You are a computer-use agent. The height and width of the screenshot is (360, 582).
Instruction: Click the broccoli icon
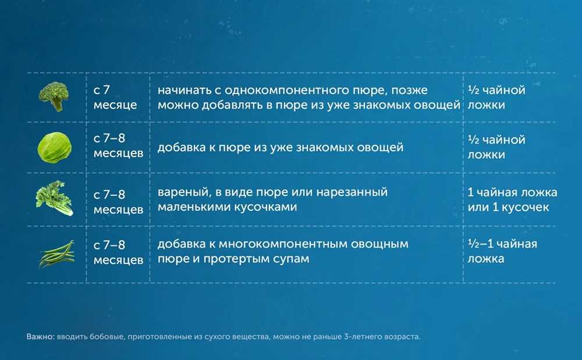54,97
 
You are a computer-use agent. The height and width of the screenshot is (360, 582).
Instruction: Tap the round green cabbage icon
54,148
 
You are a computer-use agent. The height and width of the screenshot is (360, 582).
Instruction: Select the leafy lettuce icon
54,198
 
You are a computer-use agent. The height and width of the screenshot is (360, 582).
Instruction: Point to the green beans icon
57,254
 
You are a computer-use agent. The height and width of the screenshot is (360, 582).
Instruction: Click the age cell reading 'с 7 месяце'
115,97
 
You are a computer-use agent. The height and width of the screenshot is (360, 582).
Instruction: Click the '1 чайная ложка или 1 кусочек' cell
512,199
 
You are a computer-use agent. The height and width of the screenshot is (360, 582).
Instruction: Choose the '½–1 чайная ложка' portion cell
502,251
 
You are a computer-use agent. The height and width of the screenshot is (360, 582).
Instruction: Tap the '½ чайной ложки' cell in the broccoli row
496,97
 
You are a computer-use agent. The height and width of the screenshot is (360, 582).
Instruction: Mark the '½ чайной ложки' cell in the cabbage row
496,147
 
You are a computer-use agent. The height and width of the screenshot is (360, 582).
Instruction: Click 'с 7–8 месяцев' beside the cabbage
118,145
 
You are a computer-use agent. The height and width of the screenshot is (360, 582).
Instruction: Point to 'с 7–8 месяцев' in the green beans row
118,252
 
